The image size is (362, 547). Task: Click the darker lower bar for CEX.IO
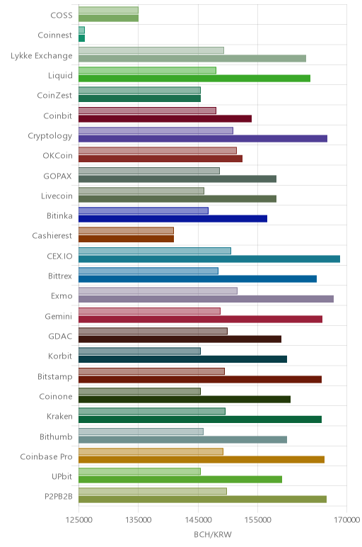[209, 259]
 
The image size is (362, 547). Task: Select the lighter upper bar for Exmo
[158, 291]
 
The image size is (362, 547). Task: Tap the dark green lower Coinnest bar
[82, 38]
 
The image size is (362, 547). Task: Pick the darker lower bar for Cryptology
[203, 138]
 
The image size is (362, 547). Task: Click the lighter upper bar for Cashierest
[126, 230]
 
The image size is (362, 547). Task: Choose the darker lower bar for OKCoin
[160, 159]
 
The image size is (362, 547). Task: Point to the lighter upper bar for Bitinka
[144, 210]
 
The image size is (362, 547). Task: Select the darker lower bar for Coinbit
[165, 118]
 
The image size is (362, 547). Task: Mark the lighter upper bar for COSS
[108, 10]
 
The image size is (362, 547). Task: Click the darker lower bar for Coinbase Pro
[202, 459]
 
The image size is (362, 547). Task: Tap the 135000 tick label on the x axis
[138, 520]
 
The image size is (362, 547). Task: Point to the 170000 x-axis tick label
[346, 520]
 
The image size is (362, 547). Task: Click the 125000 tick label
[78, 520]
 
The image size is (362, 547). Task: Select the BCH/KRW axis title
[213, 534]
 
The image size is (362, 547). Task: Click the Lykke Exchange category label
[42, 56]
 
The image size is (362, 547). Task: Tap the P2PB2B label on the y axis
[59, 496]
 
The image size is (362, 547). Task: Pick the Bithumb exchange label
[56, 436]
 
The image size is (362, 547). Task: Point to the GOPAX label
[57, 176]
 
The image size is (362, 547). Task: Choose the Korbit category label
[60, 356]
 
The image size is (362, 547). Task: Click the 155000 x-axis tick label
[258, 520]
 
